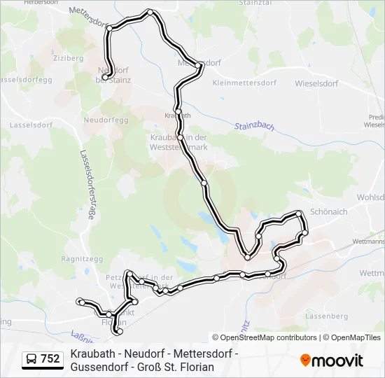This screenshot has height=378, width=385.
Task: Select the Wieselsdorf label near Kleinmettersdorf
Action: tap(316, 83)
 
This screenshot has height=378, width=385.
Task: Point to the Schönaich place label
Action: tap(328, 212)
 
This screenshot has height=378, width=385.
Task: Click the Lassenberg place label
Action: tap(328, 316)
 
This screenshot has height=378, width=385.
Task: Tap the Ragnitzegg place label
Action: tap(83, 258)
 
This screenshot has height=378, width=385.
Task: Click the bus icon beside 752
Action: tap(31, 359)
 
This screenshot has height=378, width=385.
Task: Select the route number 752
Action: tap(50, 359)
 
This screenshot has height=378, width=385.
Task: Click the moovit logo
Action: tap(331, 360)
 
